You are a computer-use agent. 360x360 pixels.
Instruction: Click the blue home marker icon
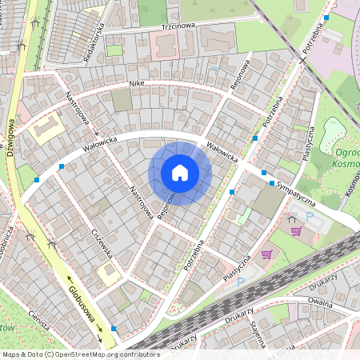pos(180,173)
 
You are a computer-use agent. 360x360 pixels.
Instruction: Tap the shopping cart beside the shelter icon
pos(296,232)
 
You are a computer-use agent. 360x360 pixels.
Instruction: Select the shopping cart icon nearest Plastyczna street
pos(266,254)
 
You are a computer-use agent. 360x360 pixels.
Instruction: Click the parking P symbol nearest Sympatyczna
pos(310,217)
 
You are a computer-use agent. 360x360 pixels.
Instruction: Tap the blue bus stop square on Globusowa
pos(114,329)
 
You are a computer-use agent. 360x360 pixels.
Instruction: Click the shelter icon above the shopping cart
pos(291,218)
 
